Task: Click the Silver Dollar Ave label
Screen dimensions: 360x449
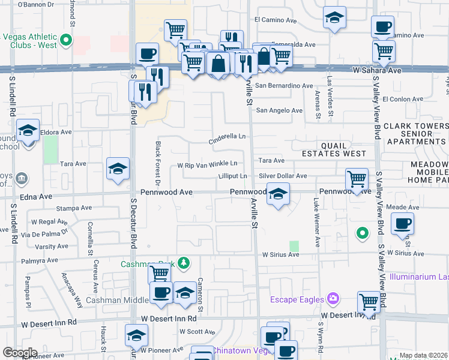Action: coord(283,176)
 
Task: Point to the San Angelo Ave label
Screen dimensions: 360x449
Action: coord(279,110)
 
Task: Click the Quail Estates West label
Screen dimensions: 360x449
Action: coord(335,149)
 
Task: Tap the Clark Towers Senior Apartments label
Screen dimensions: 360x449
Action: coord(416,134)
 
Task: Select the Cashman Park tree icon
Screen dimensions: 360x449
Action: coord(185,262)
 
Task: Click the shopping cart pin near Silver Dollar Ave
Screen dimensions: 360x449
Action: coord(357,179)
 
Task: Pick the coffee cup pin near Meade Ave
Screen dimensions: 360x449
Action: coord(402,224)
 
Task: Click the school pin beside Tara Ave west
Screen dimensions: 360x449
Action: coord(118,169)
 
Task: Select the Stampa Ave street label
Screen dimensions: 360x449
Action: coord(74,208)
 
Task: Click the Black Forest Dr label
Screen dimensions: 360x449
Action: coord(158,163)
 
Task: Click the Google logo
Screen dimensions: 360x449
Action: coord(20,353)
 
